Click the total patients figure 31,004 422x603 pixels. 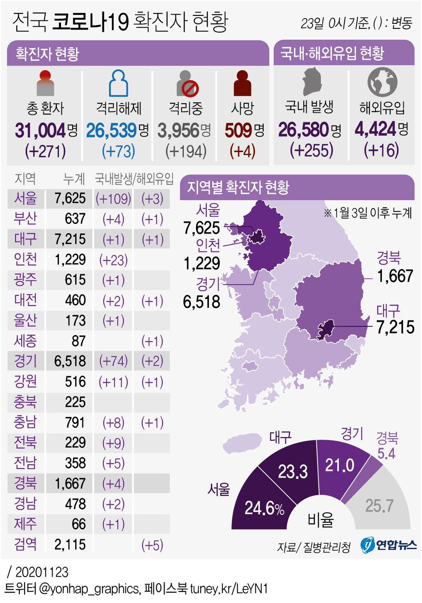[x=41, y=130]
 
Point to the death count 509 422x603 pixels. [x=236, y=130]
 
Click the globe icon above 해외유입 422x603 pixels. [x=382, y=81]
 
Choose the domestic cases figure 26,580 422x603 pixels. [x=304, y=130]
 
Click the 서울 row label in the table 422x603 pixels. [x=25, y=198]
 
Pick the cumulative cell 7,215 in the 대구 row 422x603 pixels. [x=70, y=239]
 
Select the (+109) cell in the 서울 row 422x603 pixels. [x=113, y=198]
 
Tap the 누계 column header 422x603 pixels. [x=74, y=179]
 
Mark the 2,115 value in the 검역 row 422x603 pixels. [x=70, y=544]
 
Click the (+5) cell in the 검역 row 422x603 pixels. [x=152, y=545]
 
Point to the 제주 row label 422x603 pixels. [x=25, y=524]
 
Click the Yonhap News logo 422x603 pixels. [x=389, y=545]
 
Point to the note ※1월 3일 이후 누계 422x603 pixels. [x=368, y=213]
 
